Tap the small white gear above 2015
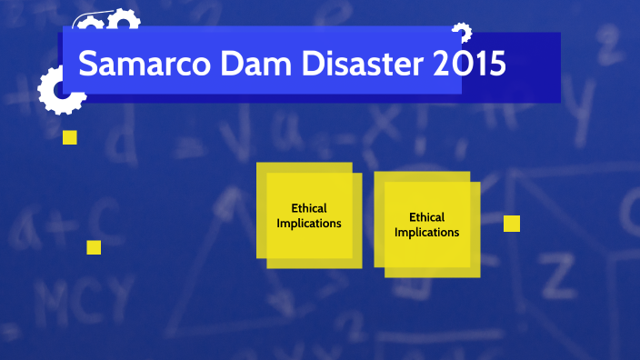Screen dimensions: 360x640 tap(462, 34)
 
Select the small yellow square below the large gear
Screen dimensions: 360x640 tap(69, 137)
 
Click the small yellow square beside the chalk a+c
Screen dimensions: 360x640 tap(94, 247)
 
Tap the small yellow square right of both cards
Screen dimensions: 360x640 tap(512, 224)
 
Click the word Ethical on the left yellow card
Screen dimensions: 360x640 tap(309, 208)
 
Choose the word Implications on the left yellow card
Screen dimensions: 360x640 tap(309, 223)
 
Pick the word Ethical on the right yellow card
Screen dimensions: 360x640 tap(427, 217)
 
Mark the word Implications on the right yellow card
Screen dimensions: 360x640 tap(427, 232)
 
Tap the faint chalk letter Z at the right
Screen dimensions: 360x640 tap(561, 272)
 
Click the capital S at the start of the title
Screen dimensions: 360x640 tap(87, 65)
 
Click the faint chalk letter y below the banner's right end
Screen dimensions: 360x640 tap(589, 114)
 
